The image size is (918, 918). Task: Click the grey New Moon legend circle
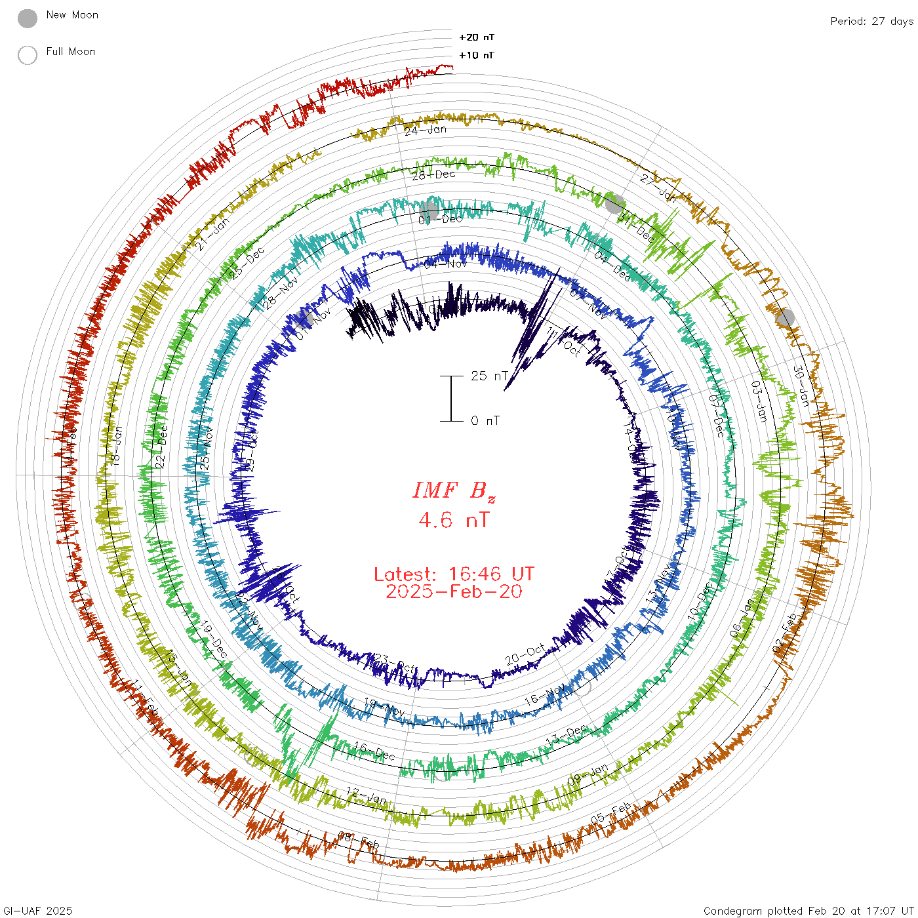(x=28, y=19)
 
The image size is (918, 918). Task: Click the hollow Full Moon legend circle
(x=28, y=55)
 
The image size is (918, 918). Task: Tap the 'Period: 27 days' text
(x=871, y=22)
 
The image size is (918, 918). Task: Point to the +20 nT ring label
(x=477, y=37)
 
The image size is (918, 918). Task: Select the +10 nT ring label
(x=477, y=55)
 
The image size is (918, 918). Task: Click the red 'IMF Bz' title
(x=454, y=490)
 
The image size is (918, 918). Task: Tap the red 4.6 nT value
(x=454, y=520)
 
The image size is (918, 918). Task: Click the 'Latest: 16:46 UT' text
(x=454, y=574)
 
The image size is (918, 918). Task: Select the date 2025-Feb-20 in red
(x=454, y=591)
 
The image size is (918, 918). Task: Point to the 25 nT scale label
(x=489, y=376)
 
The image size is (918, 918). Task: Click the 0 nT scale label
(x=485, y=421)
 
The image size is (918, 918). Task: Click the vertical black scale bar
(x=451, y=399)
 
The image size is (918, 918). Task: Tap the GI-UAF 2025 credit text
(x=38, y=911)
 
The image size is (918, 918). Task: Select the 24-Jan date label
(x=426, y=130)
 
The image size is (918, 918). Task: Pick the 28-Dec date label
(x=433, y=174)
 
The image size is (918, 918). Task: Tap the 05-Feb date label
(x=611, y=813)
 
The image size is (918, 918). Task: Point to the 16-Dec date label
(x=374, y=751)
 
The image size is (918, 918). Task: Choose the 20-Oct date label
(x=525, y=654)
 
